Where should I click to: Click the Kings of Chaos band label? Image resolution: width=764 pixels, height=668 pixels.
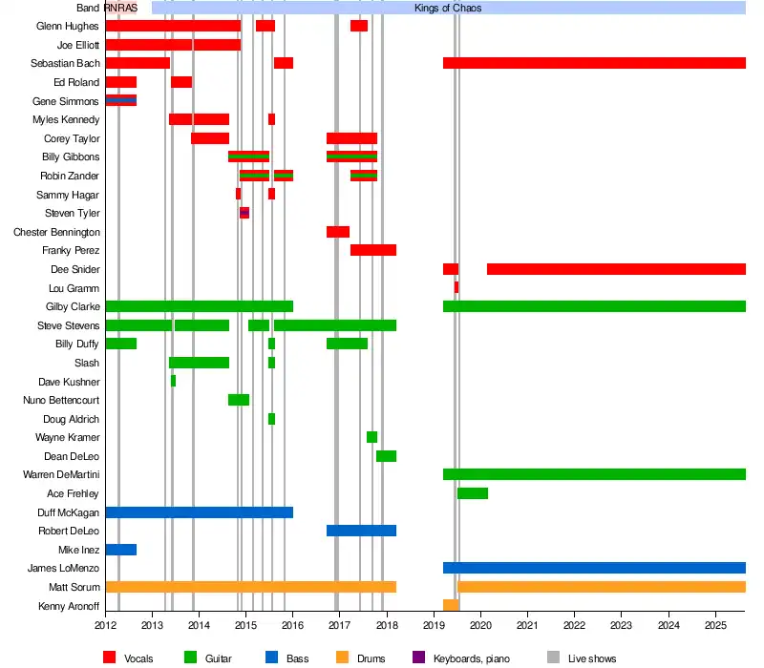pyautogui.click(x=448, y=8)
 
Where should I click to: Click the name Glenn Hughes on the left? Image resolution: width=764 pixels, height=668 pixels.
pyautogui.click(x=68, y=26)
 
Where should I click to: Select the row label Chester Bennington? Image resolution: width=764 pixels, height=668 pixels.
pyautogui.click(x=56, y=232)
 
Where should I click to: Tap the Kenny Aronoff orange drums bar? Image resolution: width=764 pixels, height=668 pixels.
pyautogui.click(x=451, y=605)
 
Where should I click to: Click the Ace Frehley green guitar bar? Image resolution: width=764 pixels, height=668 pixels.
pyautogui.click(x=473, y=493)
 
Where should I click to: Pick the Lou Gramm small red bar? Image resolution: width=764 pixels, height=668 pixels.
pyautogui.click(x=456, y=287)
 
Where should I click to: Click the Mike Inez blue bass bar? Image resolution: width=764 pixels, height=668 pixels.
pyautogui.click(x=120, y=550)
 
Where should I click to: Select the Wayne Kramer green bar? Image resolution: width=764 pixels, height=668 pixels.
pyautogui.click(x=371, y=437)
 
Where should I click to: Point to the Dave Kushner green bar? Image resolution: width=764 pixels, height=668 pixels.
pyautogui.click(x=173, y=381)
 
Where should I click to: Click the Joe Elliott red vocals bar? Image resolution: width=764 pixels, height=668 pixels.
pyautogui.click(x=172, y=45)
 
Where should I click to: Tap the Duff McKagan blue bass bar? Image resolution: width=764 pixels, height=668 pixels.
pyautogui.click(x=199, y=512)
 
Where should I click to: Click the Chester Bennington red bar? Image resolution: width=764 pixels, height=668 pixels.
pyautogui.click(x=338, y=232)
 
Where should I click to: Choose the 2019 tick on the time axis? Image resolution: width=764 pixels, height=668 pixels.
pyautogui.click(x=435, y=625)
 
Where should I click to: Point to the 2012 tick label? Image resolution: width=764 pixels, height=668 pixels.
pyautogui.click(x=105, y=625)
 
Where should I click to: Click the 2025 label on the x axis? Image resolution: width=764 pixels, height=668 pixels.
pyautogui.click(x=716, y=625)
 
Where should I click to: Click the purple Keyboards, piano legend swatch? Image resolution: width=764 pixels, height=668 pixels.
pyautogui.click(x=417, y=658)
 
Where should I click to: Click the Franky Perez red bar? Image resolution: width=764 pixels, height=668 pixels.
pyautogui.click(x=373, y=250)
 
